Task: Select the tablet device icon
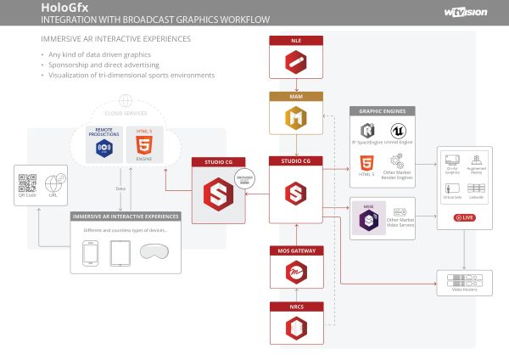tap(120, 253)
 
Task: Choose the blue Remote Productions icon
tap(105, 148)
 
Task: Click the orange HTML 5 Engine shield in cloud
tap(143, 143)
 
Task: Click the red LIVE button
tap(465, 217)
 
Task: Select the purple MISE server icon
tap(370, 220)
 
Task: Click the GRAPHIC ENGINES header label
tap(382, 111)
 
